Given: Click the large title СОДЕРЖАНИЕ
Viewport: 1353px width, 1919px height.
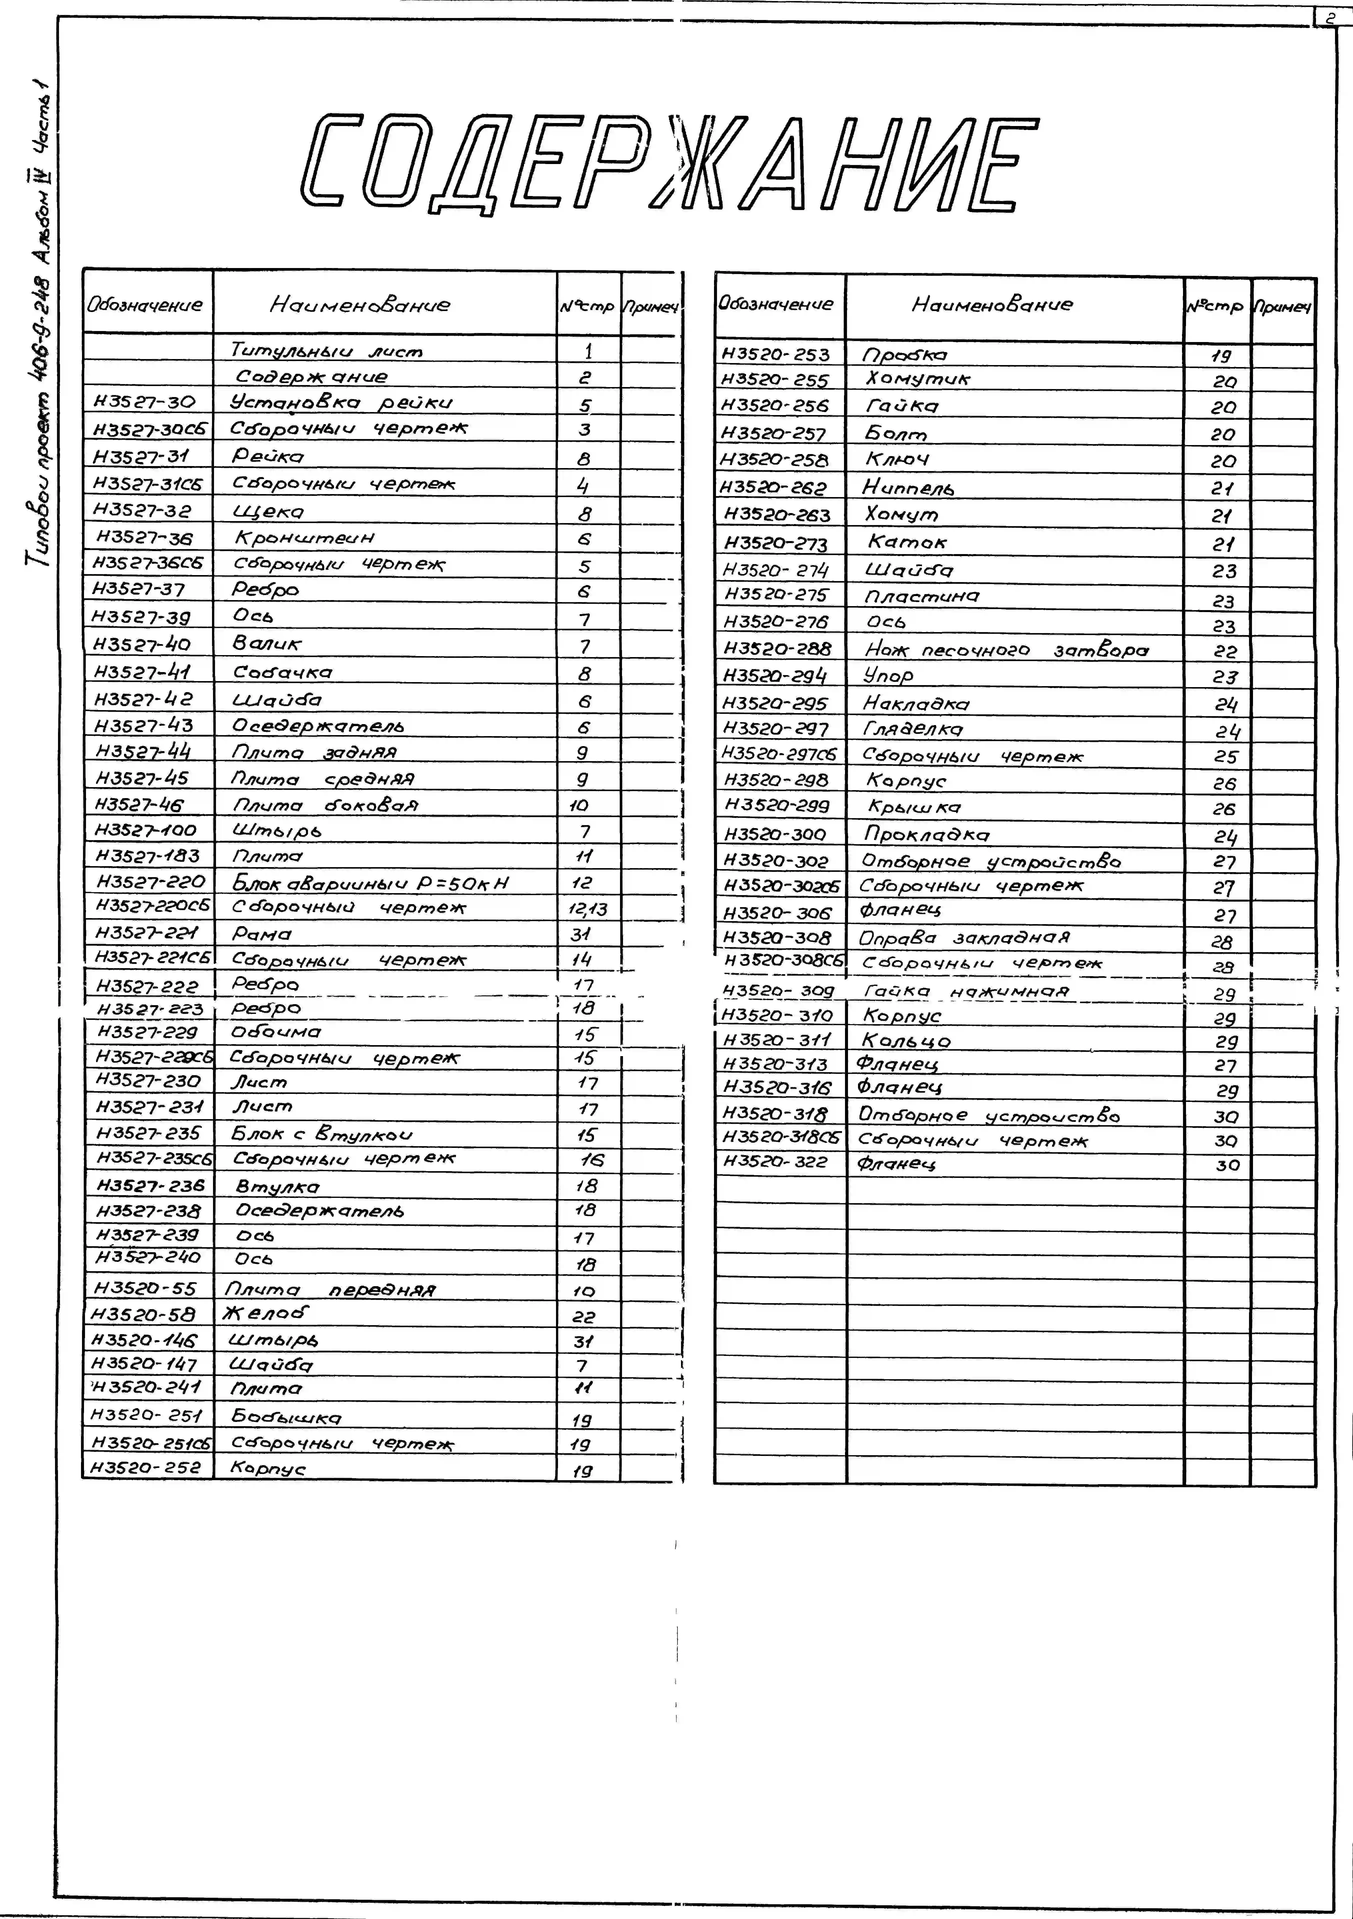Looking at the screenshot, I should [x=668, y=163].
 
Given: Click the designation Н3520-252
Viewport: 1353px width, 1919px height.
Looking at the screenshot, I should [x=146, y=1467].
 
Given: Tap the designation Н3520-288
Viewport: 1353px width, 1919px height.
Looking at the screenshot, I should [x=777, y=649].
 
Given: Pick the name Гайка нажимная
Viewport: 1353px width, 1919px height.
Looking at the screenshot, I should [x=965, y=991].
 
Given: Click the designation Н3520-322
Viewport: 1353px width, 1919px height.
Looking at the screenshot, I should [x=775, y=1162].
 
